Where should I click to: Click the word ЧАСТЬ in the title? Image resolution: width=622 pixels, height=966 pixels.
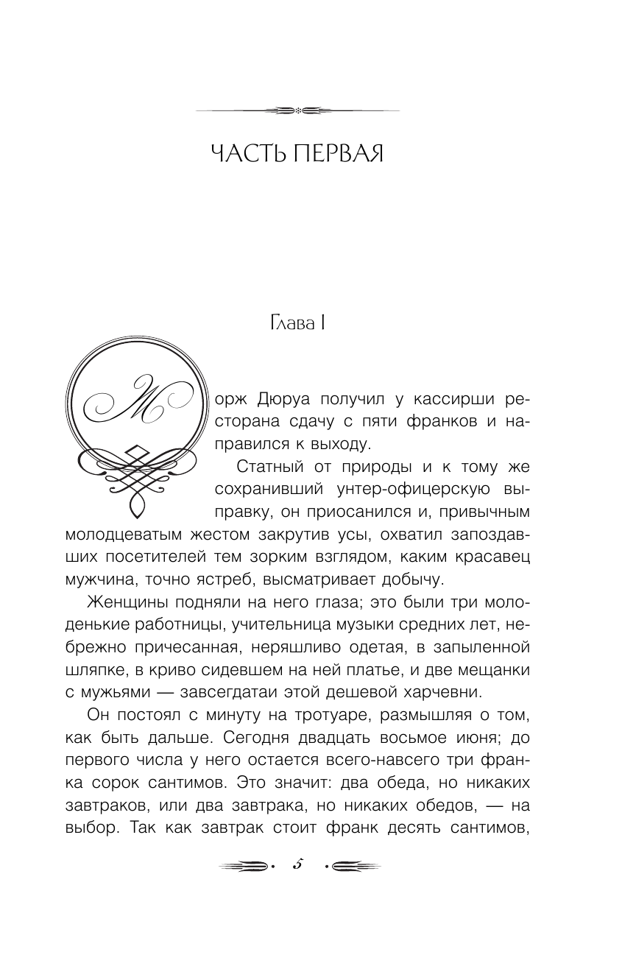pos(245,155)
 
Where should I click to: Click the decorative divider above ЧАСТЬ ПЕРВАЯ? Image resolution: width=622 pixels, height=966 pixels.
pos(297,111)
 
